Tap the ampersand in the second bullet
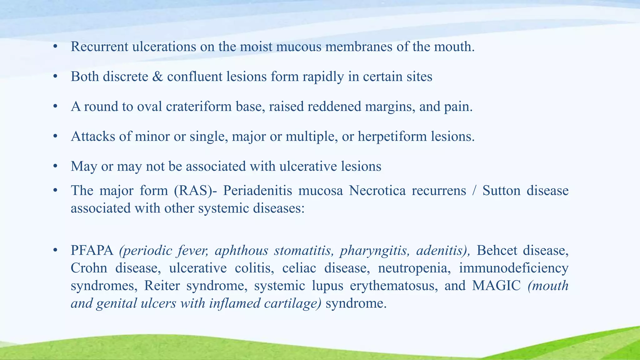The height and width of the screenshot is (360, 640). pyautogui.click(x=157, y=77)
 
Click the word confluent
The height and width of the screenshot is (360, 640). pyautogui.click(x=195, y=77)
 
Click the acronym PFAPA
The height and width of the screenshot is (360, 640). pyautogui.click(x=92, y=251)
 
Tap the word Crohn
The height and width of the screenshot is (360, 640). pyautogui.click(x=89, y=268)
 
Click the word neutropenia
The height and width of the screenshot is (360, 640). pyautogui.click(x=414, y=268)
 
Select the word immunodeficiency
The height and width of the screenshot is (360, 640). pyautogui.click(x=513, y=268)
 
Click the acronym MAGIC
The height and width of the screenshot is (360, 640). pyautogui.click(x=496, y=286)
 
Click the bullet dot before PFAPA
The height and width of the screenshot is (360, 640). pyautogui.click(x=55, y=250)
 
